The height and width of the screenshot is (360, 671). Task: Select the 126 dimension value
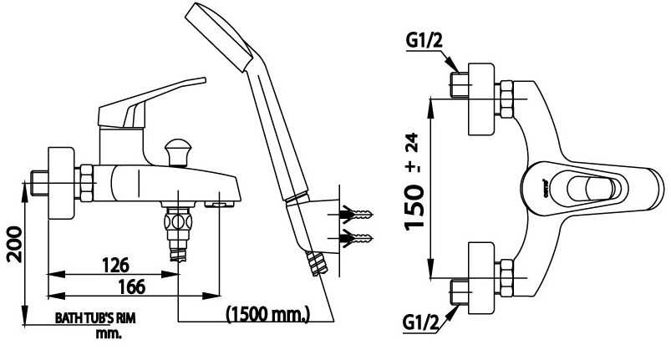pos(116,266)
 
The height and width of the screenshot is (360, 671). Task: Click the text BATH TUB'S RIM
pos(95,318)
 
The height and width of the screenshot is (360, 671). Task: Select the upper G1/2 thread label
pos(424,40)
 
